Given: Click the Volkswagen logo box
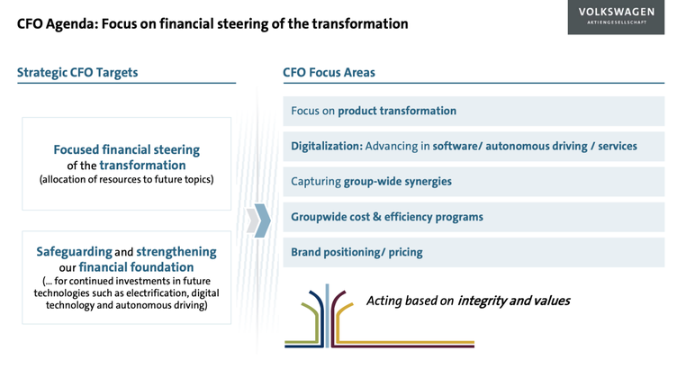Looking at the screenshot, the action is (x=616, y=17).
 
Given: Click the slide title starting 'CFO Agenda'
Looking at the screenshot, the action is (x=212, y=23).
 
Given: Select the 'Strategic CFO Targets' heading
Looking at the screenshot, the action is (x=77, y=73).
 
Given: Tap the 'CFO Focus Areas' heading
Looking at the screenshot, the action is (x=329, y=73).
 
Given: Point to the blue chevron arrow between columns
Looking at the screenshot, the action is (x=263, y=220).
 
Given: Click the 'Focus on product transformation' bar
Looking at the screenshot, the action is (x=474, y=111).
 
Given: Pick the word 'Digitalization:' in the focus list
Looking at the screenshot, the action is (x=327, y=147).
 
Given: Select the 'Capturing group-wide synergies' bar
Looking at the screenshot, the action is (x=474, y=182).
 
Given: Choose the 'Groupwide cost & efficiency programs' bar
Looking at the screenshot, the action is (x=474, y=217).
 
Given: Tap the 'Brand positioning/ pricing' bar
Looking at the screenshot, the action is (x=474, y=252).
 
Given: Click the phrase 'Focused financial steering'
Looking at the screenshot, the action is (x=127, y=149).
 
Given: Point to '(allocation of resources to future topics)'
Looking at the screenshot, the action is (x=127, y=179).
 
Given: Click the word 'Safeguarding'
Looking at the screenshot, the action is (x=74, y=252).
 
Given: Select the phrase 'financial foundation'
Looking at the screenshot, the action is (x=136, y=267).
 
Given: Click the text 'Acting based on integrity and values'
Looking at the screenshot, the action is (x=468, y=301).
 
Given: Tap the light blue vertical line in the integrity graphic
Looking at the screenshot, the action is (x=328, y=316).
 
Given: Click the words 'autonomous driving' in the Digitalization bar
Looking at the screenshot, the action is (x=537, y=147).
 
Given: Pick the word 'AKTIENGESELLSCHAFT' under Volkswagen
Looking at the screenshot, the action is (x=617, y=22).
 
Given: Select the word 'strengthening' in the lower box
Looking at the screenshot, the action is (x=176, y=252).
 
